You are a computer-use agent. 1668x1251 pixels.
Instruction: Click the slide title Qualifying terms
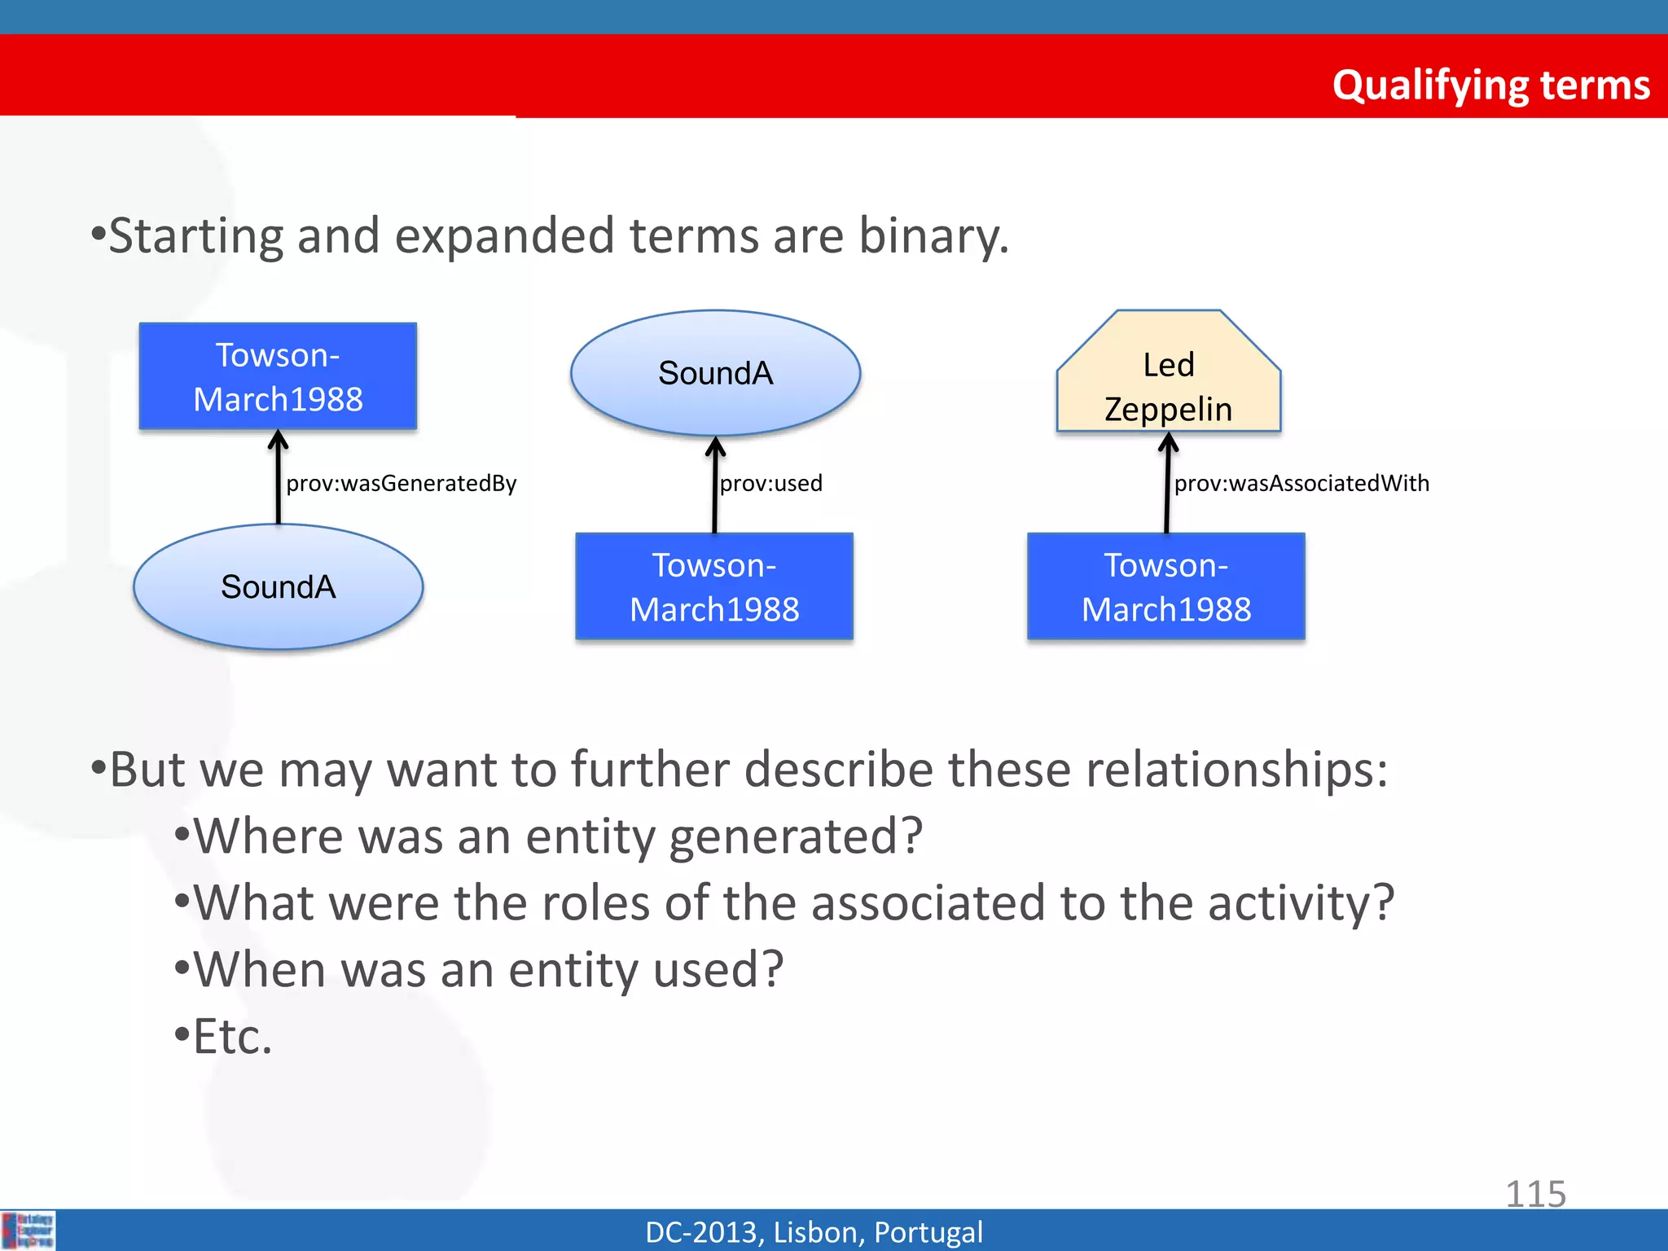(1490, 85)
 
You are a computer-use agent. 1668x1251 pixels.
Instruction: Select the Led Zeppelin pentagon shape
(1168, 383)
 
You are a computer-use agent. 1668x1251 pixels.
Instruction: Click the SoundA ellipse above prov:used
(715, 373)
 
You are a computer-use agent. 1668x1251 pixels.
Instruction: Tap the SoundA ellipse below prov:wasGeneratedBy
(278, 586)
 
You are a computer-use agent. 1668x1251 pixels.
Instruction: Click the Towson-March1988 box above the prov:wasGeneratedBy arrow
(278, 376)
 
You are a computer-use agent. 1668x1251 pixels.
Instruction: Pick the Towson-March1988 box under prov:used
(714, 586)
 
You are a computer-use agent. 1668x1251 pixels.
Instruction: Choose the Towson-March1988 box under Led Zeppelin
(1165, 586)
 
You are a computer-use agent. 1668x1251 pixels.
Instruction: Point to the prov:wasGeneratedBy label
(402, 483)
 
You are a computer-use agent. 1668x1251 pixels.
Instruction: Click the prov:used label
(770, 483)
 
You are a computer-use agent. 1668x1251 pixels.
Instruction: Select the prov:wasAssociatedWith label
(1301, 483)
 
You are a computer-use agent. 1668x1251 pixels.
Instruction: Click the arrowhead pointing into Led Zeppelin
(1168, 443)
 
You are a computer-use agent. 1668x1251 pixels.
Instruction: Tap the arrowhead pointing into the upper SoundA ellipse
(715, 446)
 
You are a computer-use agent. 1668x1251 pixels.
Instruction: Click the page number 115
(1535, 1194)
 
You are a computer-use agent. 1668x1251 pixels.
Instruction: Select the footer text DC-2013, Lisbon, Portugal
(814, 1231)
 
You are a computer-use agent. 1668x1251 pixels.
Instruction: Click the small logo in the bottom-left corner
(29, 1230)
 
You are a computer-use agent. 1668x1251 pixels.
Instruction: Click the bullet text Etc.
(232, 1037)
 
